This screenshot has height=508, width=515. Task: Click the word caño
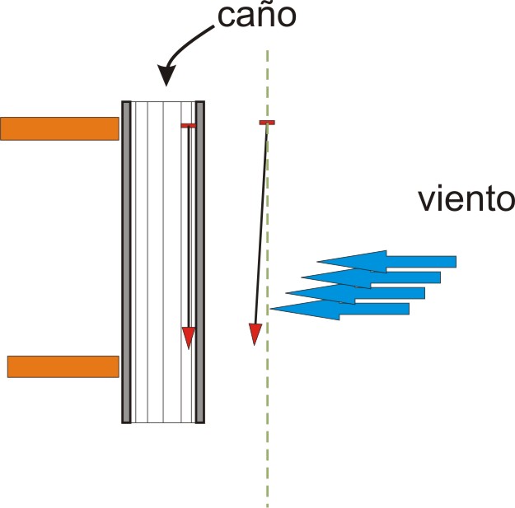pyautogui.click(x=257, y=16)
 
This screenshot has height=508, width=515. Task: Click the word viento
pyautogui.click(x=466, y=199)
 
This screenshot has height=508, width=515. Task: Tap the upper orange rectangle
pyautogui.click(x=59, y=128)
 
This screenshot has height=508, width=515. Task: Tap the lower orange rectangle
pyautogui.click(x=63, y=366)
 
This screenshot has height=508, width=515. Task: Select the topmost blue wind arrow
pyautogui.click(x=386, y=262)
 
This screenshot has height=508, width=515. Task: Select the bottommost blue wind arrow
pyautogui.click(x=340, y=309)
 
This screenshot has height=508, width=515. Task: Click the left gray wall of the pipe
pyautogui.click(x=126, y=262)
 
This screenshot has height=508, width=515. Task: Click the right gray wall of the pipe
pyautogui.click(x=200, y=262)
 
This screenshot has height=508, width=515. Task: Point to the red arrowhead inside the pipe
pyautogui.click(x=189, y=338)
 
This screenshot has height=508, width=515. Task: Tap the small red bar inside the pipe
pyautogui.click(x=189, y=126)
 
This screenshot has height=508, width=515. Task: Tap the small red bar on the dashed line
pyautogui.click(x=267, y=123)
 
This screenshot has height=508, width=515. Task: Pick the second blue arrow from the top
pyautogui.click(x=371, y=277)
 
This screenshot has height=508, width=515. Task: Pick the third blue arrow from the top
pyautogui.click(x=355, y=293)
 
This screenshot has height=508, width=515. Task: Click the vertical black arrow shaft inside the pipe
pyautogui.click(x=189, y=228)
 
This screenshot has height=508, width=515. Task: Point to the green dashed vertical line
pyautogui.click(x=267, y=279)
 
